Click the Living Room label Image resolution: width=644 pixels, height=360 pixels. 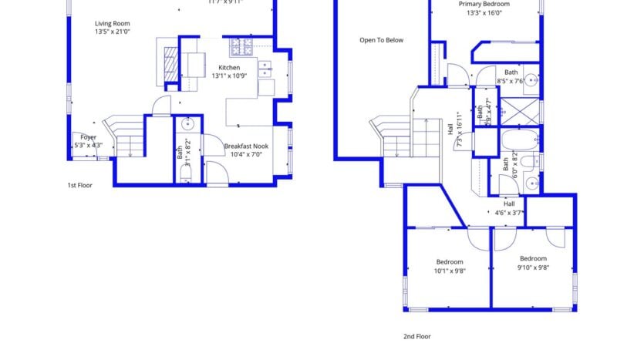pos(112,23)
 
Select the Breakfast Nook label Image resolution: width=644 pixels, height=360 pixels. pos(247,145)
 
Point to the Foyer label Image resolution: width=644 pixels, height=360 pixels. pos(89,136)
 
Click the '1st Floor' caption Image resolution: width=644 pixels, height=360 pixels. pos(79,185)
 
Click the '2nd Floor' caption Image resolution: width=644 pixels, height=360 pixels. pos(417,336)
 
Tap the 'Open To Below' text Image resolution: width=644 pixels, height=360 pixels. pos(381,40)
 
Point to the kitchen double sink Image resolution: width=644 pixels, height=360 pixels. pos(265,70)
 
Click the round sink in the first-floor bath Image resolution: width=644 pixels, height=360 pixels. pos(187,123)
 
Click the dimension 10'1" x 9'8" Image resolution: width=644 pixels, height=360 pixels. pos(449,271)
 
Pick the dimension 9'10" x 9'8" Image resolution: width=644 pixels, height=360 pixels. pos(533,267)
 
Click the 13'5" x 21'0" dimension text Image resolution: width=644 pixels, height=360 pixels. pos(112,32)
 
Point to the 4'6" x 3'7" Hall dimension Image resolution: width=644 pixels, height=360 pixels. pos(509,213)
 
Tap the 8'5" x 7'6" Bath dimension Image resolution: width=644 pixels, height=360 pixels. pos(511,80)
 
